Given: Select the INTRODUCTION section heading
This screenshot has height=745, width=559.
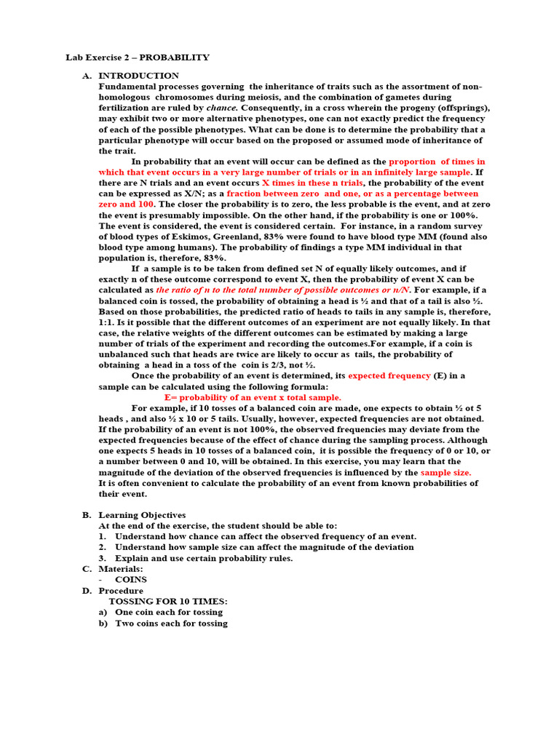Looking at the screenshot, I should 138,76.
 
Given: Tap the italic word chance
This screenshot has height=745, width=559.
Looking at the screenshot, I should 221,108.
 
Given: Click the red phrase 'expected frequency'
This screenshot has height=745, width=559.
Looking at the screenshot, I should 389,375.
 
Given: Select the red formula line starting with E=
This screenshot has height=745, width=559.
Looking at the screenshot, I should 252,397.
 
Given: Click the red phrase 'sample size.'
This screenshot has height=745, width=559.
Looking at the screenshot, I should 445,472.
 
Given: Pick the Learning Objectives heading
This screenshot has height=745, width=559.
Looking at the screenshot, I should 142,515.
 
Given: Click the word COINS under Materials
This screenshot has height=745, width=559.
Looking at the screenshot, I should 131,579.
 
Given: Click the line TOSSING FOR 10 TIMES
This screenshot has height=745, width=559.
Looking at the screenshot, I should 168,601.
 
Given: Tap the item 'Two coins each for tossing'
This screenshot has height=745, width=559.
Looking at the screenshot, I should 171,623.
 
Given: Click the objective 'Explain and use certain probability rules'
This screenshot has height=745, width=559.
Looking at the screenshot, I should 204,558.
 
